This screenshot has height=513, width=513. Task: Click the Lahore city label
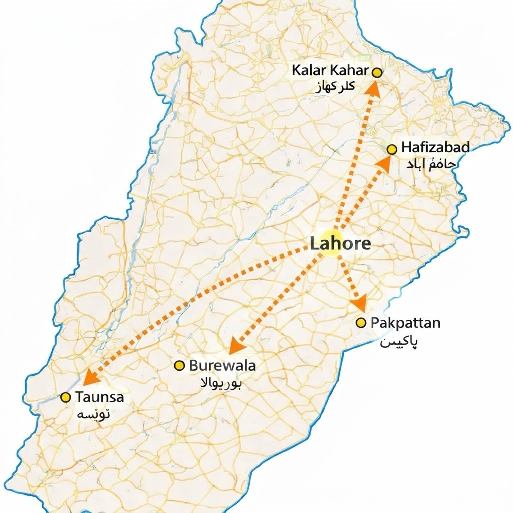pos(340,244)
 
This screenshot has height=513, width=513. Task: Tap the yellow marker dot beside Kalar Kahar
pos(377,73)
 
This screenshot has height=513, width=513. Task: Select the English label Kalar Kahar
pos(330,71)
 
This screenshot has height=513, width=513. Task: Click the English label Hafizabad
pos(435,148)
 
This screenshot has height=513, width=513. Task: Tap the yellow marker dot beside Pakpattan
pos(360,323)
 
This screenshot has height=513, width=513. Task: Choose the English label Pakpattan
pos(405,323)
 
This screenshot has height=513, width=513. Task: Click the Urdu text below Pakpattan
pos(399,342)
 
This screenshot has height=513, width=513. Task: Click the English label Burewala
pos(222,366)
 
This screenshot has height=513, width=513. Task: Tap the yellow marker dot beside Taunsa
pos(65,398)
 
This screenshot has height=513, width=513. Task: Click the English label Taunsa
pos(99,397)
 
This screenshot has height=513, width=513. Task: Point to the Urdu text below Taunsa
pos(94,415)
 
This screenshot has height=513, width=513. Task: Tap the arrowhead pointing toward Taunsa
pos(89,377)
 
